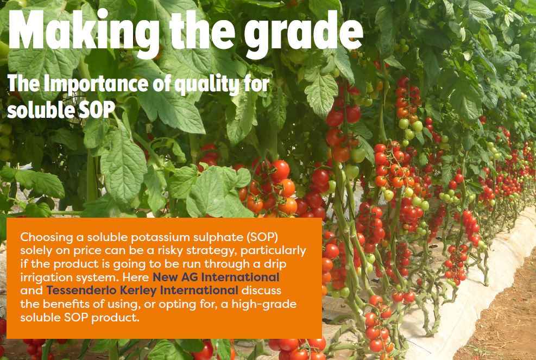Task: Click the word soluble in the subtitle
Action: coord(41,110)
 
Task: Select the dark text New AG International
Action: coord(216,277)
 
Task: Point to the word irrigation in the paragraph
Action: coord(46,277)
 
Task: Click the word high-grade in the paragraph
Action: coord(264,304)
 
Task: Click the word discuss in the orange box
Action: coord(261,290)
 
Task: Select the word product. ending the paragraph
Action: coord(116,318)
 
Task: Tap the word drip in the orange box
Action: coord(274,264)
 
